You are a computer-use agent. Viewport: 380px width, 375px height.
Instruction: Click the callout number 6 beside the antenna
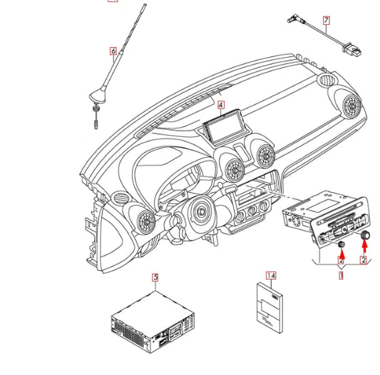pyautogui.click(x=113, y=51)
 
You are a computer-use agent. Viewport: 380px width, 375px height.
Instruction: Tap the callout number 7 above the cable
pyautogui.click(x=327, y=21)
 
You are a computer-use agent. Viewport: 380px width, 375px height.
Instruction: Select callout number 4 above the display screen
pyautogui.click(x=220, y=105)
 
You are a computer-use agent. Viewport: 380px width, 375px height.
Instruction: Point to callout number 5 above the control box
pyautogui.click(x=155, y=277)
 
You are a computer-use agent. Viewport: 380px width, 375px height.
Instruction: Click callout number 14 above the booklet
pyautogui.click(x=271, y=276)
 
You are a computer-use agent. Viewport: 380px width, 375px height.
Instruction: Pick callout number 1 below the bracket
pyautogui.click(x=341, y=276)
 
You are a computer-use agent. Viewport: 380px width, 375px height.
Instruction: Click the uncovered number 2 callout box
pyautogui.click(x=363, y=260)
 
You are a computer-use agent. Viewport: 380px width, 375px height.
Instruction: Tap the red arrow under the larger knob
pyautogui.click(x=364, y=246)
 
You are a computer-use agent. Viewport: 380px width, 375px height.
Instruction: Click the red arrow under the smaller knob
pyautogui.click(x=342, y=254)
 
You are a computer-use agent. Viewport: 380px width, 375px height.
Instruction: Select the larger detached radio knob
pyautogui.click(x=365, y=235)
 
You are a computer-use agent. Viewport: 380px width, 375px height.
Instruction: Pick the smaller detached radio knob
pyautogui.click(x=342, y=244)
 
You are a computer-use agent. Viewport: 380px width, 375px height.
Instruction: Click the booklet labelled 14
pyautogui.click(x=269, y=307)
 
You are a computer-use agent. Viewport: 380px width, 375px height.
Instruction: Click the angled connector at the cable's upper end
pyautogui.click(x=295, y=19)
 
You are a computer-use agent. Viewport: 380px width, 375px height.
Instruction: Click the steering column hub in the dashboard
pyautogui.click(x=200, y=212)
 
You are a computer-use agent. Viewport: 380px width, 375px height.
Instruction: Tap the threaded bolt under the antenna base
pyautogui.click(x=96, y=117)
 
